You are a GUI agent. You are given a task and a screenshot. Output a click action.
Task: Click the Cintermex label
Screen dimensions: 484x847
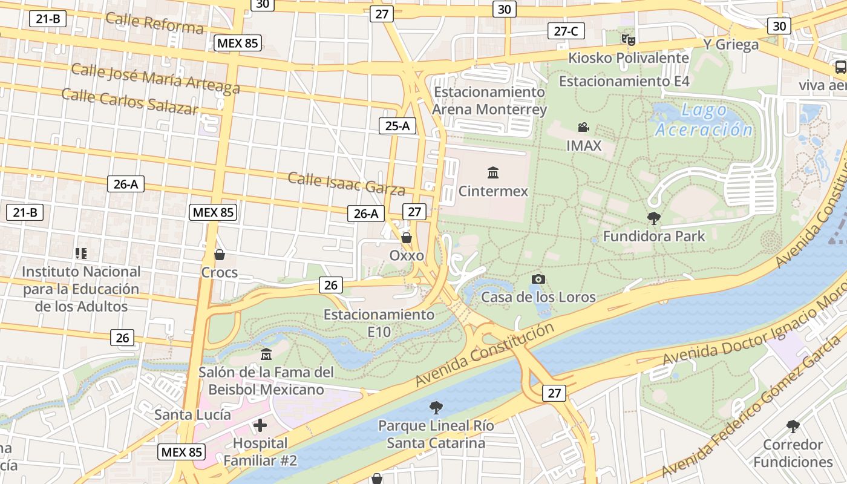click(493, 191)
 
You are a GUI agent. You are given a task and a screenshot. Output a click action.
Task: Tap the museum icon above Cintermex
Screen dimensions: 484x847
click(493, 173)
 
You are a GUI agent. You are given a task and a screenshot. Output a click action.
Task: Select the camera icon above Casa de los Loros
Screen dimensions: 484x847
click(538, 279)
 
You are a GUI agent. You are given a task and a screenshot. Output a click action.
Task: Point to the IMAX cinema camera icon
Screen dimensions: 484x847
click(583, 128)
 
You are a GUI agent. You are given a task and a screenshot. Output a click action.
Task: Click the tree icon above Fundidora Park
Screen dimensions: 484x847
click(653, 218)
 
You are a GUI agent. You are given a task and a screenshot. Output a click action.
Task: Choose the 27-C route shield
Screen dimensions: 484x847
click(566, 31)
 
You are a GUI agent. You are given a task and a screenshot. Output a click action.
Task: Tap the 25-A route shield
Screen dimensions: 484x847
click(397, 126)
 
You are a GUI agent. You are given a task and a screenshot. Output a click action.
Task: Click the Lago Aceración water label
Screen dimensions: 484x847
click(704, 120)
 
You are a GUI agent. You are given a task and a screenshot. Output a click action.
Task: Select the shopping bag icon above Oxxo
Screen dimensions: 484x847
click(407, 237)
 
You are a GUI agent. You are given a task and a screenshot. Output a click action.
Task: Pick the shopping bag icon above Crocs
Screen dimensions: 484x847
click(219, 255)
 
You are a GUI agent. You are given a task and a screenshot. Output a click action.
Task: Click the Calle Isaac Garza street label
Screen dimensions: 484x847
click(346, 183)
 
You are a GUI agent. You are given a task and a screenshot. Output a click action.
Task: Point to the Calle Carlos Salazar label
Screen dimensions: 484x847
click(129, 101)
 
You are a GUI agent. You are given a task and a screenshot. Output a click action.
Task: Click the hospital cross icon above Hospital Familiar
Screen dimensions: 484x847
click(260, 425)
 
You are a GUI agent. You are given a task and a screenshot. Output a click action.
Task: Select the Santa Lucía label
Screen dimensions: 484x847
click(192, 414)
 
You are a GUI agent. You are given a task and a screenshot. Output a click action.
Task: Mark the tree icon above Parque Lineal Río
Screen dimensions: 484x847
click(436, 407)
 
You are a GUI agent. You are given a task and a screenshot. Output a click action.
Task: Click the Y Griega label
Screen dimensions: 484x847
click(730, 44)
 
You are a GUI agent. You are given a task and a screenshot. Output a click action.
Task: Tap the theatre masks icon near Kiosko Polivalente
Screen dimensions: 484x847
click(628, 40)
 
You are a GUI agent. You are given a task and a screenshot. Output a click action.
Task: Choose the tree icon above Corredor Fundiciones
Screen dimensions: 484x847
click(793, 427)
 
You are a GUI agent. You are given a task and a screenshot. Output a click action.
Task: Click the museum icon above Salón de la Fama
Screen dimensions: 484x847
click(266, 354)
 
